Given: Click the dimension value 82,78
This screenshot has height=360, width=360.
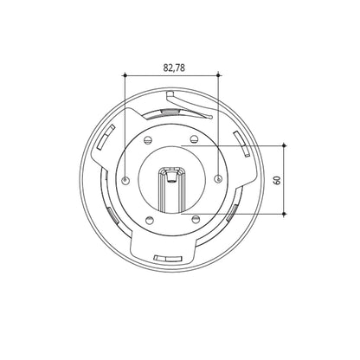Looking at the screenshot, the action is click(x=174, y=67).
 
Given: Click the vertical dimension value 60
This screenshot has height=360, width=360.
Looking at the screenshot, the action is click(x=278, y=180).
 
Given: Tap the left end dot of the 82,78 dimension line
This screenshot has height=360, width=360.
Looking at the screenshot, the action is click(x=125, y=75).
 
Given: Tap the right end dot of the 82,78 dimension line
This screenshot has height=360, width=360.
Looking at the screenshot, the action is click(x=218, y=75).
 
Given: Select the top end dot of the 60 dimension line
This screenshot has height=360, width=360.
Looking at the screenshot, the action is click(x=284, y=145).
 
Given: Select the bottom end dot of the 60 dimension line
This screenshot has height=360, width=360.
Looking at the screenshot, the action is click(x=284, y=214).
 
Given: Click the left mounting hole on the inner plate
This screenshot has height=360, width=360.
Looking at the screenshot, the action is click(x=125, y=180).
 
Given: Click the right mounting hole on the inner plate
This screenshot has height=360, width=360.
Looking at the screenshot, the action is click(x=218, y=179).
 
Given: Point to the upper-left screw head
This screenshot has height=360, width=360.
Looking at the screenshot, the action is click(x=147, y=139).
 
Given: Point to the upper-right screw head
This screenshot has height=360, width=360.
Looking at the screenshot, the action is click(x=194, y=139).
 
